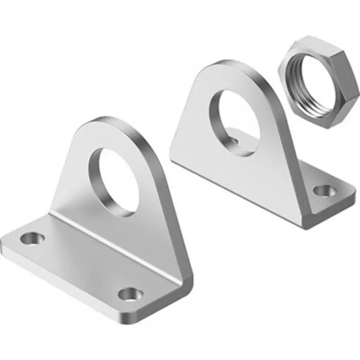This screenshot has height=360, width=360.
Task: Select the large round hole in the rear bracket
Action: [232, 119]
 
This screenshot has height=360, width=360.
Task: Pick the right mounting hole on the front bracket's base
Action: [129, 294]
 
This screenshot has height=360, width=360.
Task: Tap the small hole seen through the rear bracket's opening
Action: [235, 138]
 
